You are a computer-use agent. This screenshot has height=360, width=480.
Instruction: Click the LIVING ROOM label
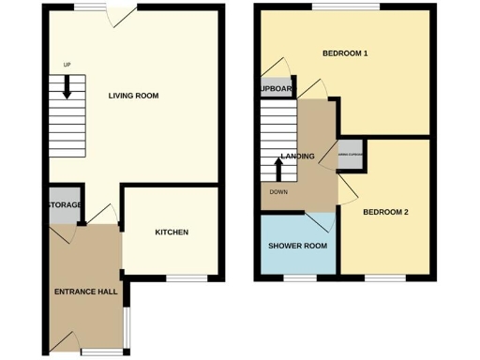coord(133,96)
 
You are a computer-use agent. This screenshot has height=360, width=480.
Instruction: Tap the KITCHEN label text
coord(172,232)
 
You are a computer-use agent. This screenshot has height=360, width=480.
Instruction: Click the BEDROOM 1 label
coord(345,53)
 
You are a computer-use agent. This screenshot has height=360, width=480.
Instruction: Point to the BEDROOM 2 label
coord(386,212)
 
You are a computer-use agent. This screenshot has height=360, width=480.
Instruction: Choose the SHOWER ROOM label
coord(297,246)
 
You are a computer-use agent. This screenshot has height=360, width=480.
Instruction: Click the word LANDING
coord(297,157)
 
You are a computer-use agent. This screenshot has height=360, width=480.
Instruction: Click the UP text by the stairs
coord(67,65)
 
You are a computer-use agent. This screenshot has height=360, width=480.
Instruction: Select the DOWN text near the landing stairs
coord(278,192)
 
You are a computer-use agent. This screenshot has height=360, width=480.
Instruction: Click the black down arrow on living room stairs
coord(67,87)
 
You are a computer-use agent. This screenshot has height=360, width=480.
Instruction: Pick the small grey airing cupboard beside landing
coord(350,155)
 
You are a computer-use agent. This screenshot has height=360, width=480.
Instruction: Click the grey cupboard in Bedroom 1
coord(275,88)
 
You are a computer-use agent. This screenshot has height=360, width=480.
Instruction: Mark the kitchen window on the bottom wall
coord(187,278)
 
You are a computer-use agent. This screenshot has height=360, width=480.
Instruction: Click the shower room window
coord(300,278)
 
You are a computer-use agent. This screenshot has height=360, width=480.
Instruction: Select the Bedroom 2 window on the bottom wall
coord(385,278)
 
